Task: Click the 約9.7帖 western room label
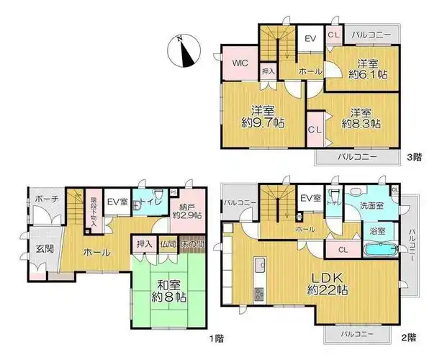(x=262, y=117)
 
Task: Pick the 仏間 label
(x=168, y=244)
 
